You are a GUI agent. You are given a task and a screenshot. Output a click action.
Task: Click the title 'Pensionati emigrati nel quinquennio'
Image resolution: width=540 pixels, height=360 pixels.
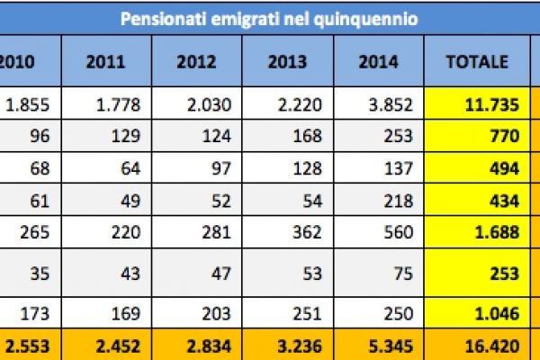270,17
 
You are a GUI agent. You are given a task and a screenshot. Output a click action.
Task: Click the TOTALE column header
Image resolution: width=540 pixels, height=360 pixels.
478,62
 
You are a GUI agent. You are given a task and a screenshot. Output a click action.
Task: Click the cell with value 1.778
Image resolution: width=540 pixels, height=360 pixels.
118,104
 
